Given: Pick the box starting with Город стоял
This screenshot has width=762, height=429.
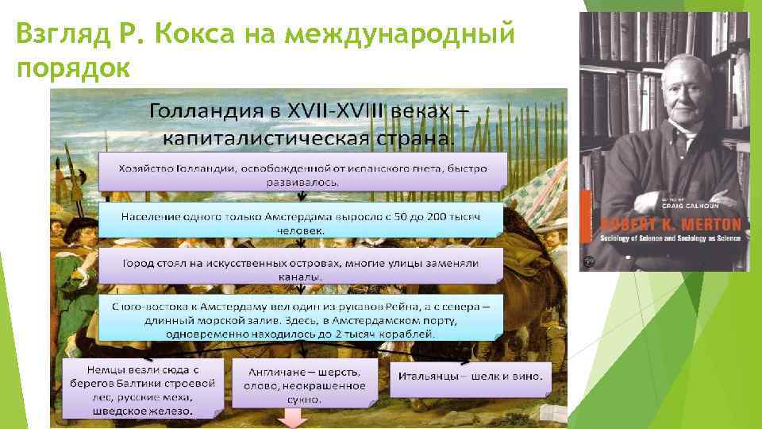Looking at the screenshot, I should [x=302, y=269].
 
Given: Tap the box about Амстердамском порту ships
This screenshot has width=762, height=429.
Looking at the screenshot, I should [x=302, y=318].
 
